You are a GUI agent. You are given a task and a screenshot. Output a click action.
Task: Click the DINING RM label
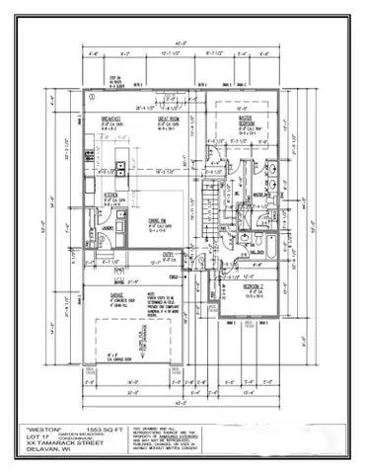tap(157, 220)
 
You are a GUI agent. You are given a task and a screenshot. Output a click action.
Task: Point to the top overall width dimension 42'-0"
tap(182, 41)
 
